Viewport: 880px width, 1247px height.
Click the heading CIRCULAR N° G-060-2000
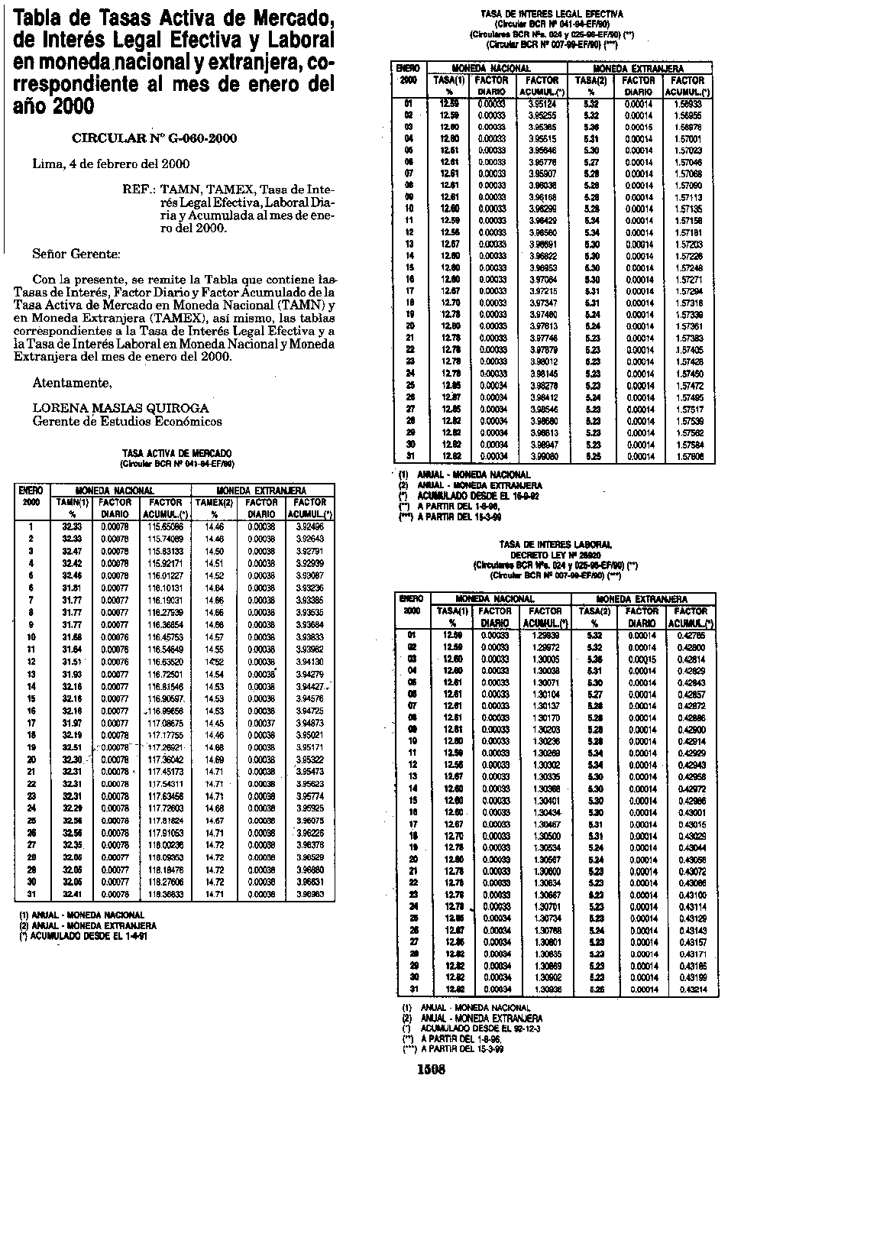point(154,138)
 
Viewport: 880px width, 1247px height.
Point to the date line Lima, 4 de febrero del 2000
point(111,164)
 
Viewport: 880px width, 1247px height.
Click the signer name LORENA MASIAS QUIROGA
point(120,409)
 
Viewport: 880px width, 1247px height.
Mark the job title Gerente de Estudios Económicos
point(127,421)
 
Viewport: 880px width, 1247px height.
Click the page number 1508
point(431,1070)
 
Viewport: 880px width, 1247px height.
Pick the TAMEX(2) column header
point(214,502)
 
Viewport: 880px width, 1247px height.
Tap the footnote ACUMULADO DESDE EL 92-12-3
point(474,1029)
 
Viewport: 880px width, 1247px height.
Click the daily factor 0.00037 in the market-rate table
point(261,723)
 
